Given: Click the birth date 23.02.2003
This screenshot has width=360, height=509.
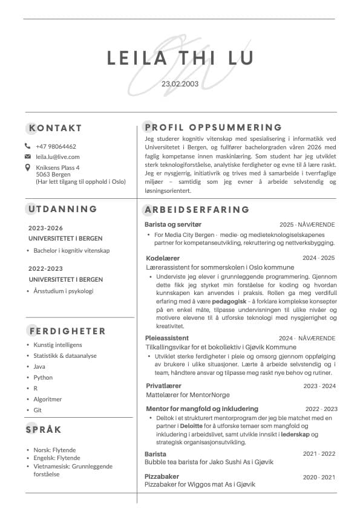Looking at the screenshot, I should point(180,83).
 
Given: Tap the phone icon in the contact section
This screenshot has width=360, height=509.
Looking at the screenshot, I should point(27,146).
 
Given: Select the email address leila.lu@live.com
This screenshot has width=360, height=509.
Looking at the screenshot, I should point(57,157).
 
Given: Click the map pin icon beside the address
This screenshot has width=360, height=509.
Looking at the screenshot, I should point(27,167).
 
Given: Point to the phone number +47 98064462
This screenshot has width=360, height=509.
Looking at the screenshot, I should point(56,146).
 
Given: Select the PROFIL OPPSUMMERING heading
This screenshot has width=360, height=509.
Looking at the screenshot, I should point(213,128).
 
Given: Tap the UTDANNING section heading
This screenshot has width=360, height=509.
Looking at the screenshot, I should point(63,209).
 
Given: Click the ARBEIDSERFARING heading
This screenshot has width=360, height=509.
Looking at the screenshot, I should point(197,210).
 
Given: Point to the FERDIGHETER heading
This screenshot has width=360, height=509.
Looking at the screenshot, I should point(67,331).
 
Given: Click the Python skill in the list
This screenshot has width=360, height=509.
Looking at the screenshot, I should point(43,377).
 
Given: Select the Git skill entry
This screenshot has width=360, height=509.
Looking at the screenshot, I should point(38,410).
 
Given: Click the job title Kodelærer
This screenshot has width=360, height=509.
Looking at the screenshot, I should point(163,258).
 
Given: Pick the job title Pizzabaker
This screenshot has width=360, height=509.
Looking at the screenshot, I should point(162,476).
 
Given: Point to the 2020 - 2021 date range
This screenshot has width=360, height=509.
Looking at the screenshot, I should point(318,477).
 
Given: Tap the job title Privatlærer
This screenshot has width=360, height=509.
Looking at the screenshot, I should point(163,386).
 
